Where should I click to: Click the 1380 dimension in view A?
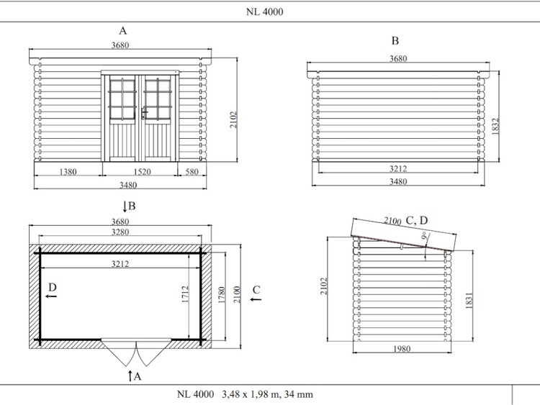pos(68,171)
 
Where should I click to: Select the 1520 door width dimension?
pos(143,171)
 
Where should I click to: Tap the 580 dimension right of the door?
pos(192,171)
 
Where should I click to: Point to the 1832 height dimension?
pos(495,127)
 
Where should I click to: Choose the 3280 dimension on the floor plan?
pos(120,232)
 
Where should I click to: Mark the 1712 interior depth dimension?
pos(185,294)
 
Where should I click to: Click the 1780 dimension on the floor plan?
pos(222,295)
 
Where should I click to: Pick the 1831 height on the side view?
pos(469,301)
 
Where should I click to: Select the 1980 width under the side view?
pos(402,349)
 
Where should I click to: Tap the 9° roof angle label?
pos(425,236)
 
